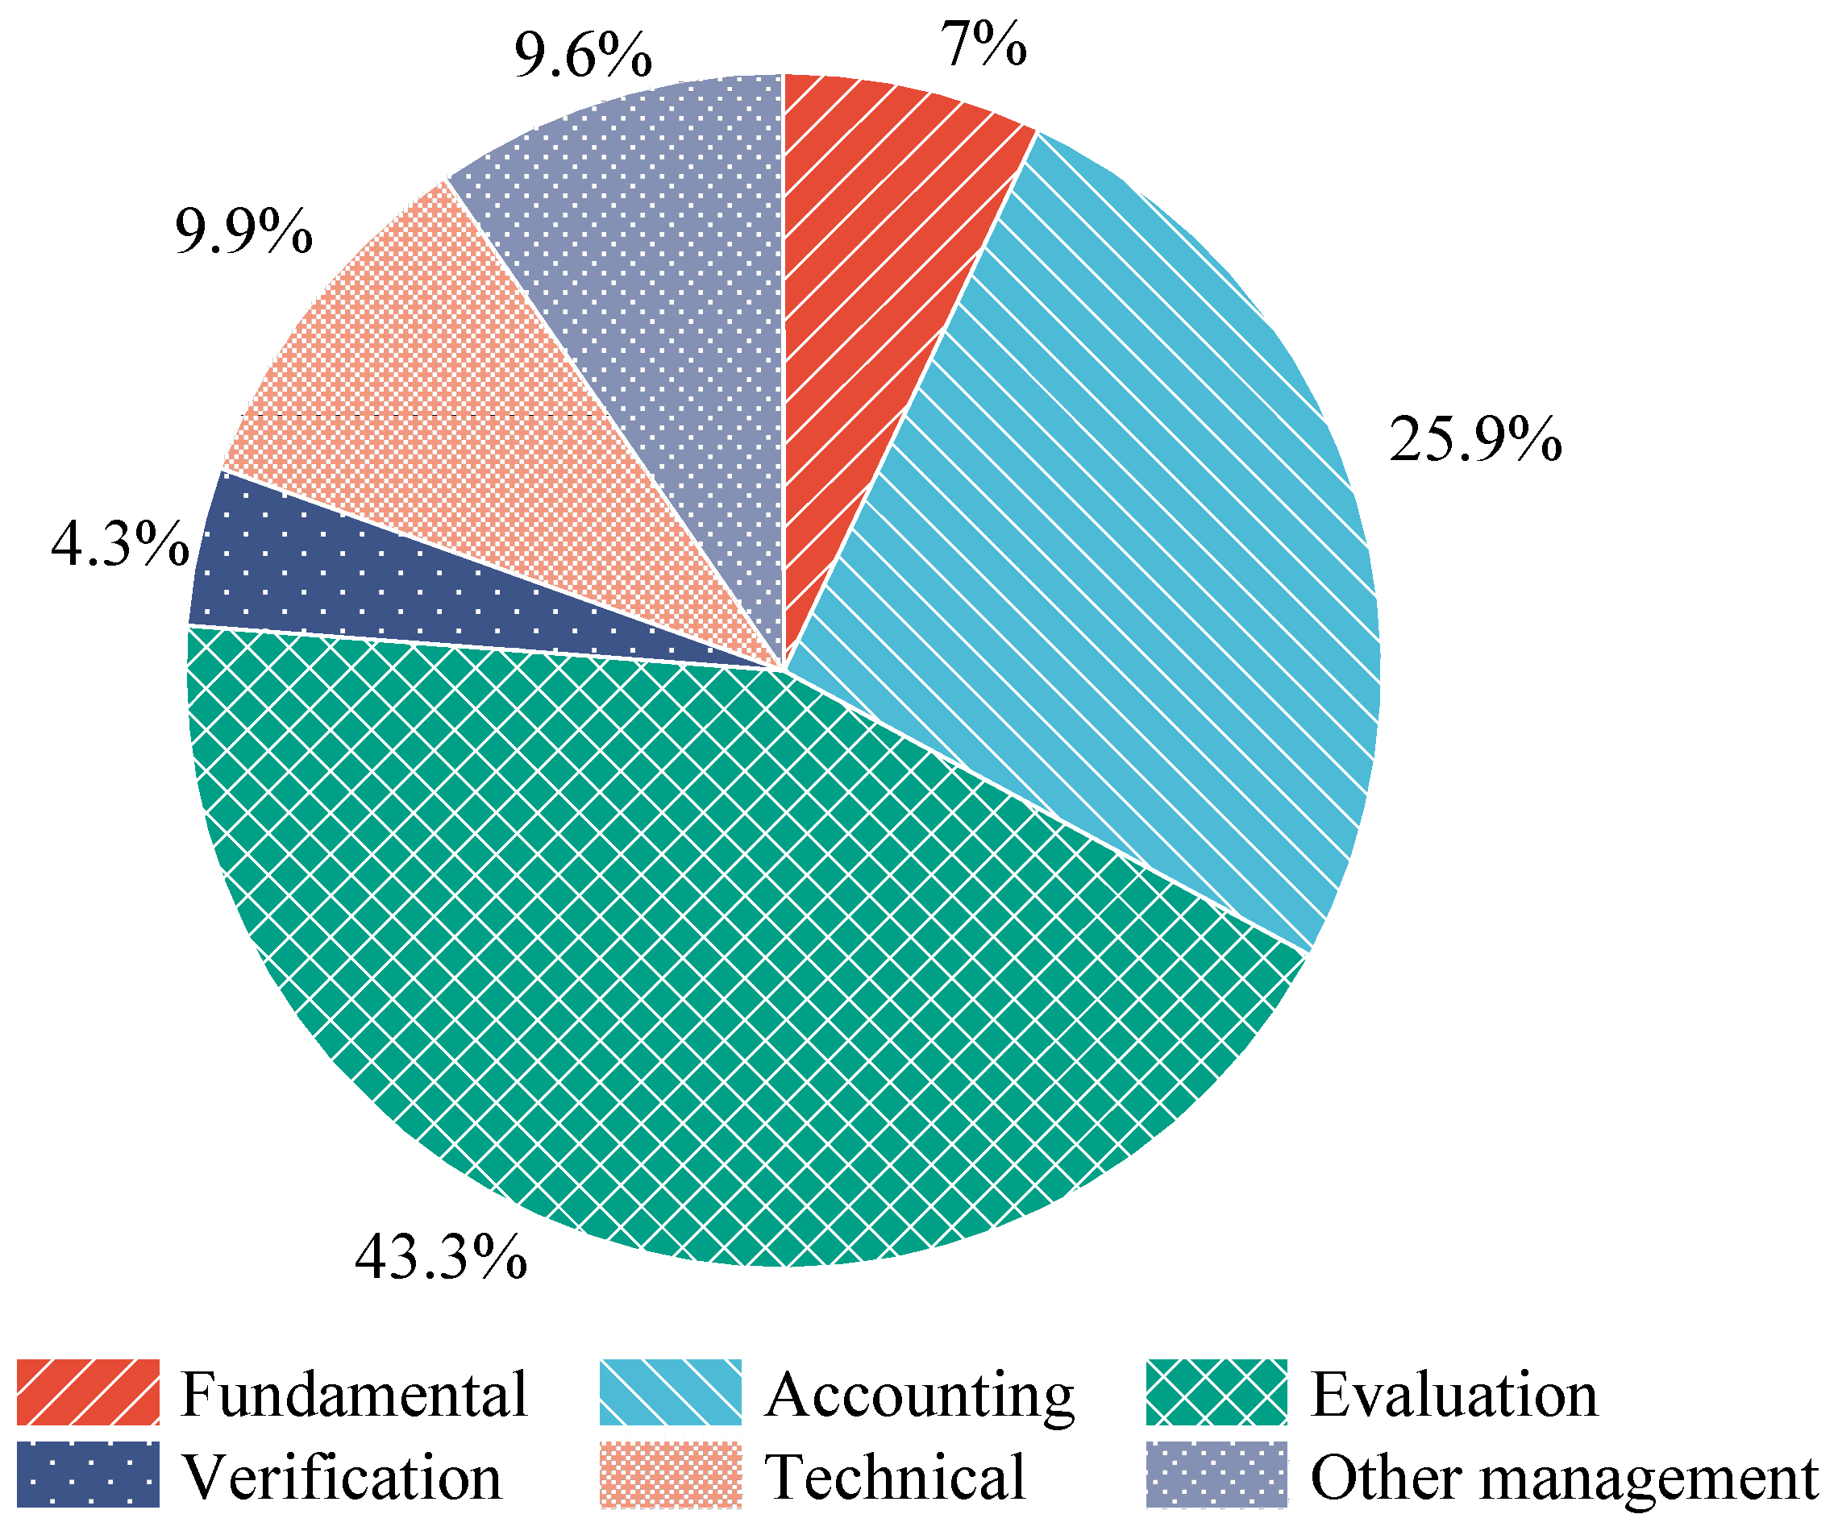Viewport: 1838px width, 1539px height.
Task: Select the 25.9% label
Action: tap(1474, 439)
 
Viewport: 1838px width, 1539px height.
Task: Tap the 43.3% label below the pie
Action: tap(440, 1257)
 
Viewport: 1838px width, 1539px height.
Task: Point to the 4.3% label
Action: tap(120, 544)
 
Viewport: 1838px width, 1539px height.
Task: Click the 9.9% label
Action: tap(243, 232)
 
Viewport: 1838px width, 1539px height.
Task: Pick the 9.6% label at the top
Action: tap(582, 56)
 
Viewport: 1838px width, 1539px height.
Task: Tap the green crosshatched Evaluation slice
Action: tap(701, 962)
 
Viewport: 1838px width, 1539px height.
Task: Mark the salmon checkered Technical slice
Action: tap(455, 394)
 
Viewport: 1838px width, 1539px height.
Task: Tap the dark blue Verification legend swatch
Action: tap(89, 1475)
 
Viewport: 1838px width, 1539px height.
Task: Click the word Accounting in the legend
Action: tap(919, 1394)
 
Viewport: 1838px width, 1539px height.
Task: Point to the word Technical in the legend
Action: tap(895, 1477)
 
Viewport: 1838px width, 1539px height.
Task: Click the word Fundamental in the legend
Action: tap(355, 1394)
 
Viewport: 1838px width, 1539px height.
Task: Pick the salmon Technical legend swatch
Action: tap(671, 1475)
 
